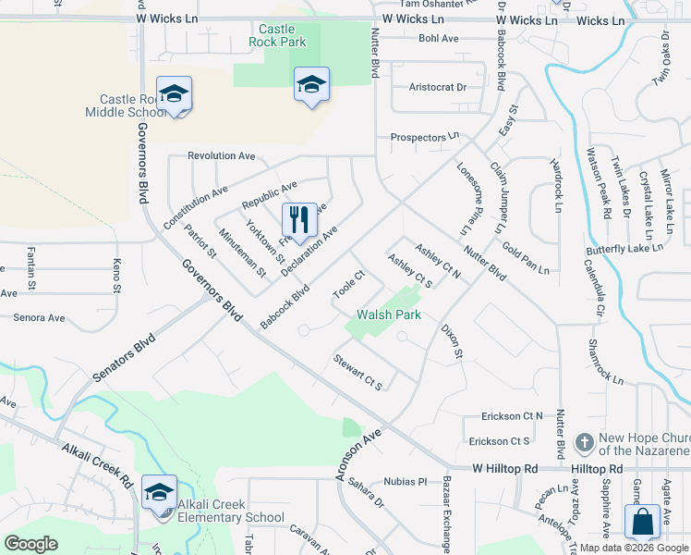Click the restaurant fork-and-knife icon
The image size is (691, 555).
298,220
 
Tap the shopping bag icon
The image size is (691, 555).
641,522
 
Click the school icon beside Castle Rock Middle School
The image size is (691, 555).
174,93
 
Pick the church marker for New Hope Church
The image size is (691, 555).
583,443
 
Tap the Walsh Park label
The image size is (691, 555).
389,315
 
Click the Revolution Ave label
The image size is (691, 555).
221,156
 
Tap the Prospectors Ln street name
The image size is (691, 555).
424,137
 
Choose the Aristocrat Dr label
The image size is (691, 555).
438,88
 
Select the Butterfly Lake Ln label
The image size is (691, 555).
624,251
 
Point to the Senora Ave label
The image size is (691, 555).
39,318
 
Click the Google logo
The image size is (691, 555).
30,544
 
